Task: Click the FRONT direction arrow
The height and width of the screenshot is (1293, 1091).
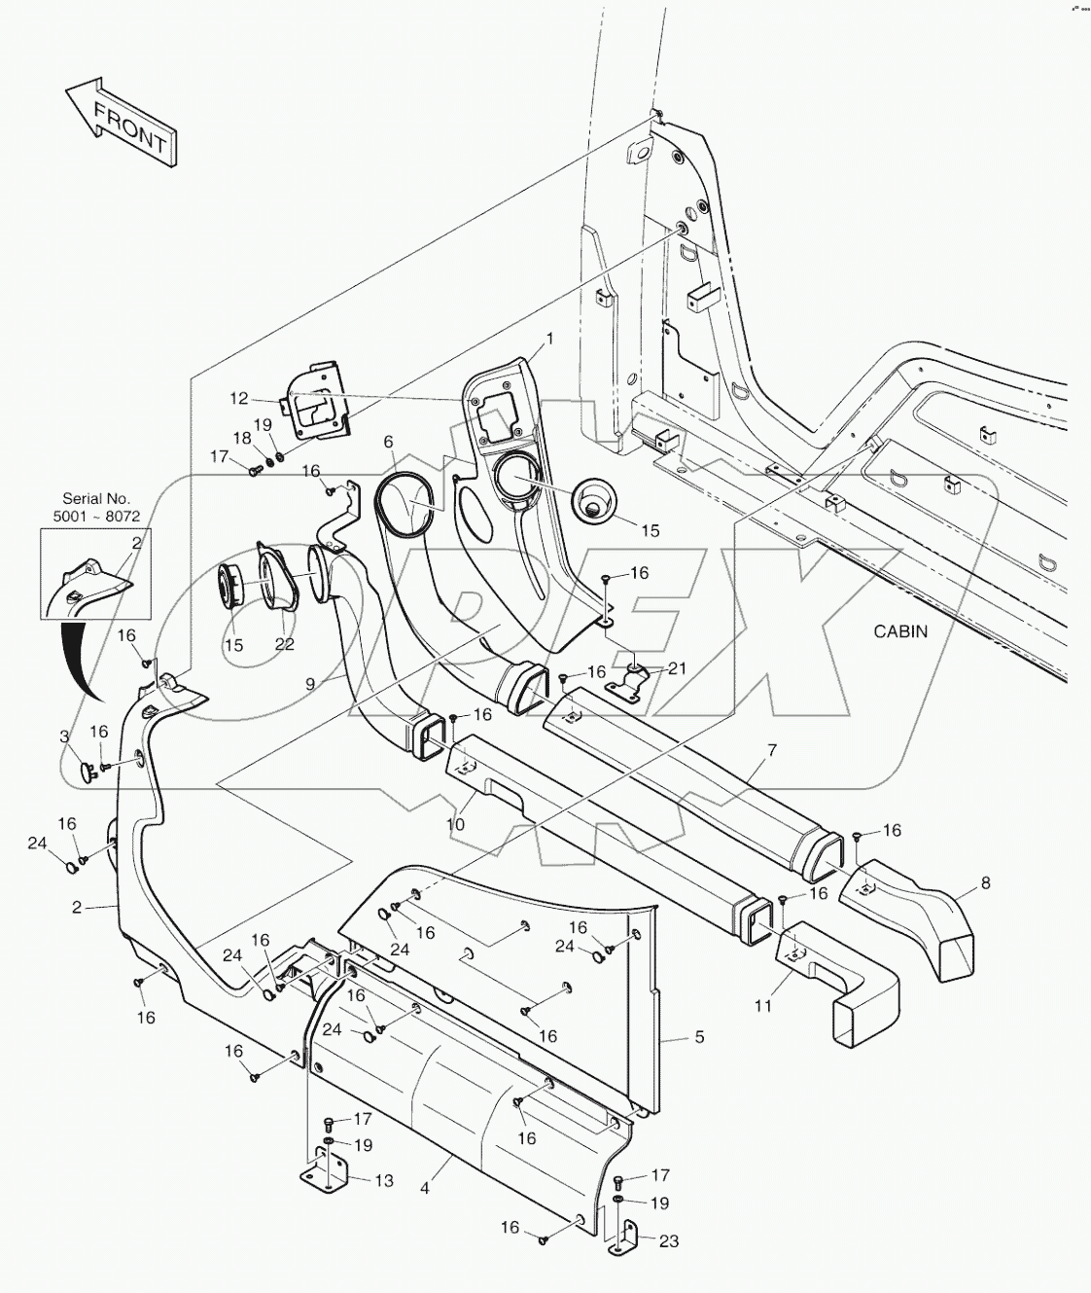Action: [121, 121]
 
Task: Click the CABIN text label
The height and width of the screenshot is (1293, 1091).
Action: [899, 631]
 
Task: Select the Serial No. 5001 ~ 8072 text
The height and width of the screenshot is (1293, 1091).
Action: [96, 507]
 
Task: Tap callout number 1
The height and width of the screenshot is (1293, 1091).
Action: [549, 339]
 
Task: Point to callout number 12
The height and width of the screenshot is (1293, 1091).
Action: [239, 398]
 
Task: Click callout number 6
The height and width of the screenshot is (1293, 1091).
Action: [388, 441]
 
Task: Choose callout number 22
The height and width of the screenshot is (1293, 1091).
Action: [283, 645]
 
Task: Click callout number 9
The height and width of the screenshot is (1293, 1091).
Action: [309, 684]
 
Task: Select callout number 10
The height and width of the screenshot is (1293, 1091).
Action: [455, 824]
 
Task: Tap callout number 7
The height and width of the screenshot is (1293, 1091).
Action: [771, 750]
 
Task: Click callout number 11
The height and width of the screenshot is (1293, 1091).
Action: [762, 1005]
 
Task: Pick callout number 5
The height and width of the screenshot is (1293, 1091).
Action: [698, 1037]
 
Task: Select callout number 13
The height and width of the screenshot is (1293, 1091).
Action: [384, 1180]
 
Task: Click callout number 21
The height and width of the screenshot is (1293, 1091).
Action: [677, 667]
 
